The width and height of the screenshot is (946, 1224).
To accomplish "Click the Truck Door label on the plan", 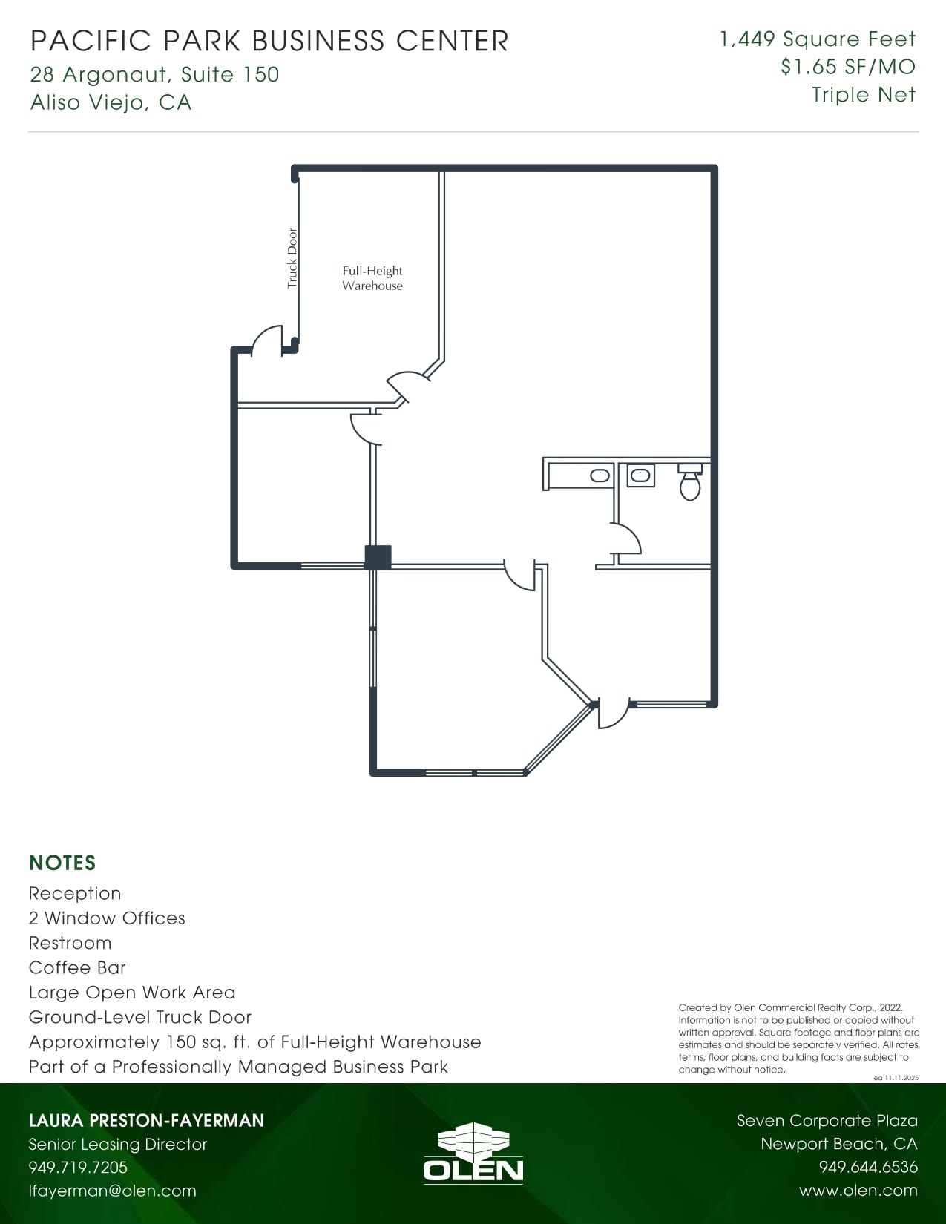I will click(x=292, y=258).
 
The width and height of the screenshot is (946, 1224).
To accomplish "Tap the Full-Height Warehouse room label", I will click(x=372, y=278).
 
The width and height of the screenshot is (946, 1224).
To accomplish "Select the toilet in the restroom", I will click(x=690, y=484).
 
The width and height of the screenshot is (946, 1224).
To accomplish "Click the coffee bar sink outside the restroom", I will click(x=600, y=476).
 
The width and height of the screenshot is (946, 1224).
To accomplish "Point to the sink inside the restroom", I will click(x=640, y=476).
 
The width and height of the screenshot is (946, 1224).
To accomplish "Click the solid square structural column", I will click(x=378, y=557).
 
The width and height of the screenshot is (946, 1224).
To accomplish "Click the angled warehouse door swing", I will click(x=407, y=384).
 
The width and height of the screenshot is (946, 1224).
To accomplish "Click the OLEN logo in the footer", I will click(x=473, y=1153).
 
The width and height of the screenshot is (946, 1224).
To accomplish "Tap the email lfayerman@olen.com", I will click(x=112, y=1191).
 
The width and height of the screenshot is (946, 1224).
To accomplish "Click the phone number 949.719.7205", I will click(x=78, y=1167).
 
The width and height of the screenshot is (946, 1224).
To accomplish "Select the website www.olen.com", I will click(x=858, y=1191).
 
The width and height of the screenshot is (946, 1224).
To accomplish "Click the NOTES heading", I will click(x=62, y=863).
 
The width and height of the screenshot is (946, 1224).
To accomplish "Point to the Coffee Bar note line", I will click(x=77, y=967).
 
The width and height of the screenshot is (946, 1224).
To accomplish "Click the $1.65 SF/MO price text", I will click(x=847, y=67).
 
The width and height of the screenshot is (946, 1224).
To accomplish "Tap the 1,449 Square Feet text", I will click(x=818, y=39).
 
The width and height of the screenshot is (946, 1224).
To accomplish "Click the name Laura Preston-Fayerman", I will click(x=146, y=1120).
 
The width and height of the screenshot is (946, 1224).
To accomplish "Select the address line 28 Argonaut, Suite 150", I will click(x=154, y=74).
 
